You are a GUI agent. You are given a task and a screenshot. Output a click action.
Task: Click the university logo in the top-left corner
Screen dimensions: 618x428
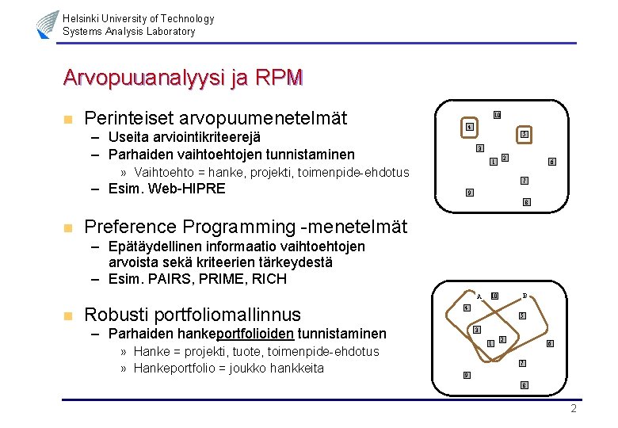47,25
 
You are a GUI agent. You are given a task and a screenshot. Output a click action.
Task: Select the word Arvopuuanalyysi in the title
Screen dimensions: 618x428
146,78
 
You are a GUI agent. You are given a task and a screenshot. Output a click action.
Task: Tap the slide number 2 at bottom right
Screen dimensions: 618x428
574,408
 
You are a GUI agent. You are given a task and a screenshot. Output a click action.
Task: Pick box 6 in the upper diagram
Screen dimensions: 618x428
551,162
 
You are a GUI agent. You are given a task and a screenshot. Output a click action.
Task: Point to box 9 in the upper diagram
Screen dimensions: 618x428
469,193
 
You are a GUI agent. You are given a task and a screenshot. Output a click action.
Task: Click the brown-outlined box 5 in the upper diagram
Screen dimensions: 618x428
524,136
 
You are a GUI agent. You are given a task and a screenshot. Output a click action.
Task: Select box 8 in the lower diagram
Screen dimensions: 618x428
524,385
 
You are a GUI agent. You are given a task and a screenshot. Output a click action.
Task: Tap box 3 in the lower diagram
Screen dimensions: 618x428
477,329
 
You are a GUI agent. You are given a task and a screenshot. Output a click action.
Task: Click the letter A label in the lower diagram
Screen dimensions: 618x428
479,296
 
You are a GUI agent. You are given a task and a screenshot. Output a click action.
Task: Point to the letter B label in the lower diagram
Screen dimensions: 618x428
525,296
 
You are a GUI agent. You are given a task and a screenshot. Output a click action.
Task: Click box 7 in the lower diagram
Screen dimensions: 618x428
521,363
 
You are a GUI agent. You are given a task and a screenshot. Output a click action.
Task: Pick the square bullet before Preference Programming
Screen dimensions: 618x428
68,228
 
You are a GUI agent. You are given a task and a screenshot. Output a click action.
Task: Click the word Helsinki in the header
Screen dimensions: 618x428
82,18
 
